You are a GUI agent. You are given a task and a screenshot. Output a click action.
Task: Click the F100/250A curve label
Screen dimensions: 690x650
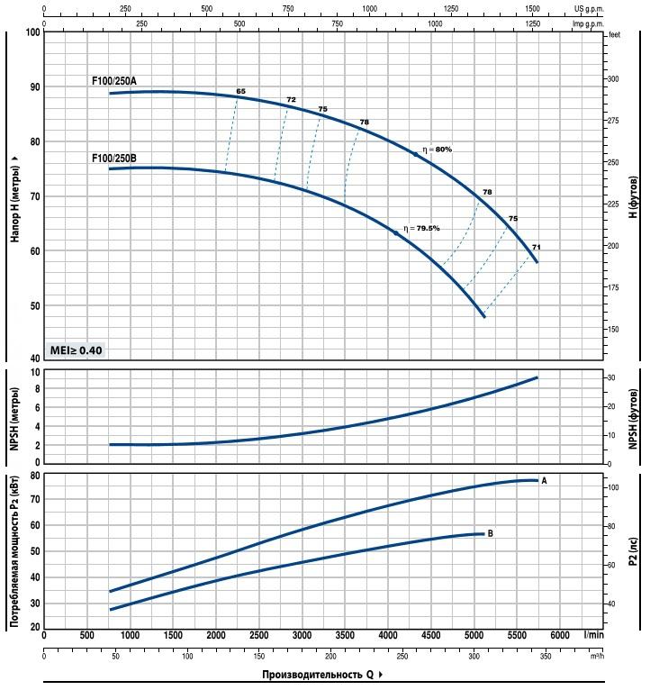tap(114, 81)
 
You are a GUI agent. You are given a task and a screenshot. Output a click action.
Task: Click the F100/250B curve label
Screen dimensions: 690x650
tap(114, 159)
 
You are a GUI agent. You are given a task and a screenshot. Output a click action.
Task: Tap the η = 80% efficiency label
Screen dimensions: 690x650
tap(437, 149)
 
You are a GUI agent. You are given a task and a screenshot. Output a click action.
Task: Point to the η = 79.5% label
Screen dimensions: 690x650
tap(421, 228)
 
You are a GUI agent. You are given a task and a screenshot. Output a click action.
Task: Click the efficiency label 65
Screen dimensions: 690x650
tap(240, 92)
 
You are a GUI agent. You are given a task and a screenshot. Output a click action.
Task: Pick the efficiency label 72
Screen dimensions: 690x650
tap(291, 100)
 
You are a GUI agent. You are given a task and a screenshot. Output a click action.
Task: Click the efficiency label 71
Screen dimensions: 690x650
tap(536, 247)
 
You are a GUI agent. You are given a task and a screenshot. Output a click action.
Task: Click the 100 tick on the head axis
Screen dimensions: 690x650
tap(34, 32)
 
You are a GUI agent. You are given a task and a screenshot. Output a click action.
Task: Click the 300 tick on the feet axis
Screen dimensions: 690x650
tap(615, 79)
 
